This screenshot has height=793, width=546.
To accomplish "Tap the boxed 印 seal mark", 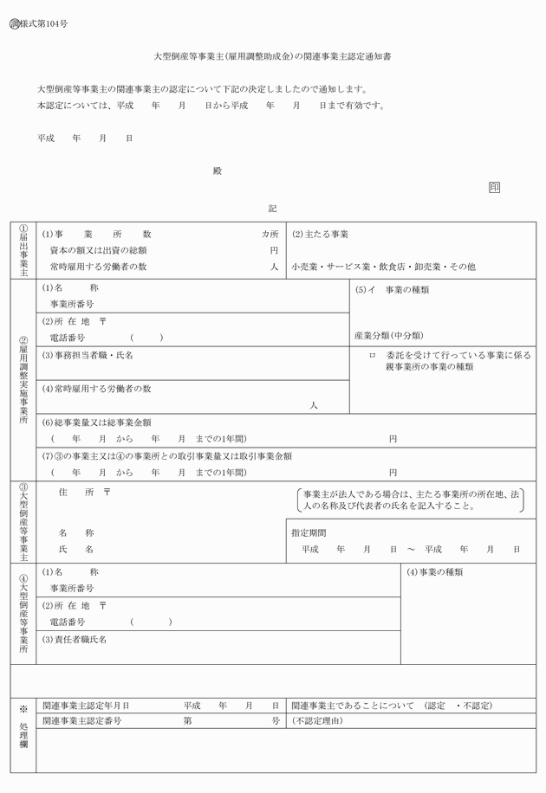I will tap(494, 188).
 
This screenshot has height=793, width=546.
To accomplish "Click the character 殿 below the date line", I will tap(218, 171).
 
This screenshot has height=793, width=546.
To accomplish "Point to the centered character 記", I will tap(272, 209).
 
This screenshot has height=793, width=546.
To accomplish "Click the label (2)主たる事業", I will tap(320, 235).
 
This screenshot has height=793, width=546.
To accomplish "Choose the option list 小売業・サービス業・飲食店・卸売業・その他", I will tap(383, 267).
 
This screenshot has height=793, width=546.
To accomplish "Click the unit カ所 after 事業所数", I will tap(270, 235).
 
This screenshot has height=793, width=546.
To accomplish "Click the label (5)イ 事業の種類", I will tap(392, 289).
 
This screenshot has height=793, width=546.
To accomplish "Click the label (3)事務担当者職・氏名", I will tap(88, 355).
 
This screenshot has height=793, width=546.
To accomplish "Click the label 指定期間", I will tap(308, 532).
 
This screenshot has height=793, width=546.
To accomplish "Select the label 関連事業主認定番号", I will tap(81, 720).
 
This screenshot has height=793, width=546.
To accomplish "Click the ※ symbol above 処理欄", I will tap(23, 706).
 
